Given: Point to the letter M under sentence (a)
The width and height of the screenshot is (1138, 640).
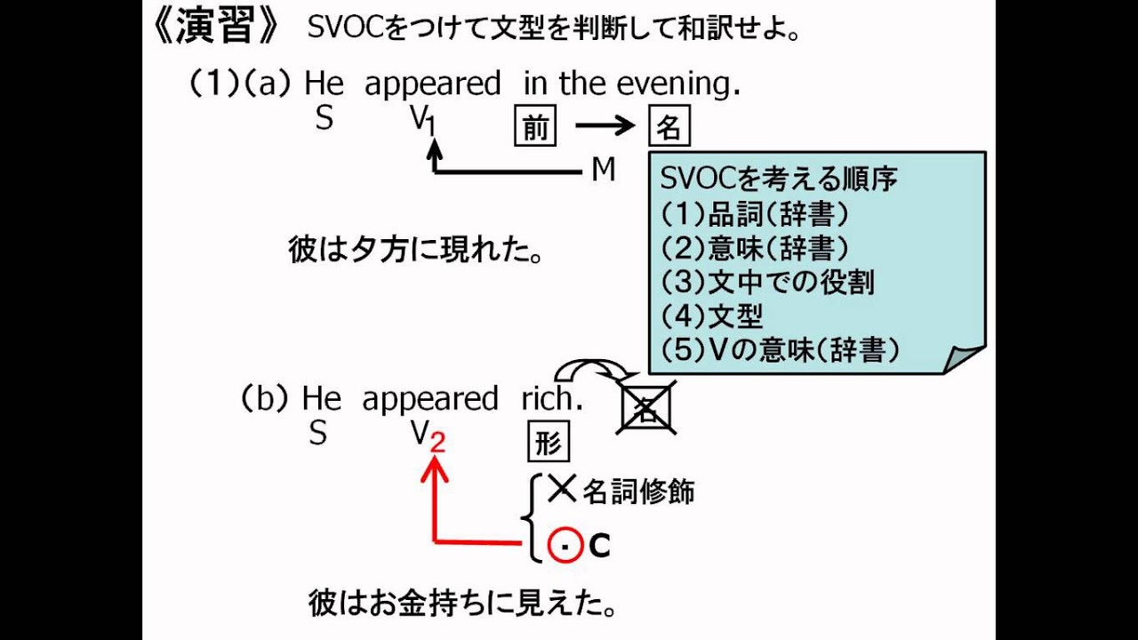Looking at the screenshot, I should (x=604, y=170).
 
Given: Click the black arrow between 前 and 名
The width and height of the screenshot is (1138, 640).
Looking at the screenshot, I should (x=606, y=126).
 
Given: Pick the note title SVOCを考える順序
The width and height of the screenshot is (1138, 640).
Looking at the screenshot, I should (x=779, y=178).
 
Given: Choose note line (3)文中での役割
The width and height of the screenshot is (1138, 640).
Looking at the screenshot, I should (x=768, y=282).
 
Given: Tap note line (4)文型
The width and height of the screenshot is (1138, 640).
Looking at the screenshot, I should (x=712, y=316).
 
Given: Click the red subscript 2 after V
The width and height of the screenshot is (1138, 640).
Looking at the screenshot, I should (x=437, y=442).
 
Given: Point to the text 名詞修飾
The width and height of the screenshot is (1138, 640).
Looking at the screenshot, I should (x=638, y=491).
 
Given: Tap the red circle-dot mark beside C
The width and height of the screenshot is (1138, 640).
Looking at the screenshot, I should (x=562, y=545).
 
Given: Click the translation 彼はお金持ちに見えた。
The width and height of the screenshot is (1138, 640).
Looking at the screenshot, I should (x=461, y=605).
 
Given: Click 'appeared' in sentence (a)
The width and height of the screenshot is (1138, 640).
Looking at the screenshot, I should (x=433, y=84).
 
